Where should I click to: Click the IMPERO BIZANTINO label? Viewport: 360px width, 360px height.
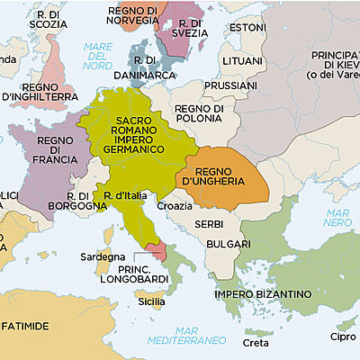click(x=263, y=293)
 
